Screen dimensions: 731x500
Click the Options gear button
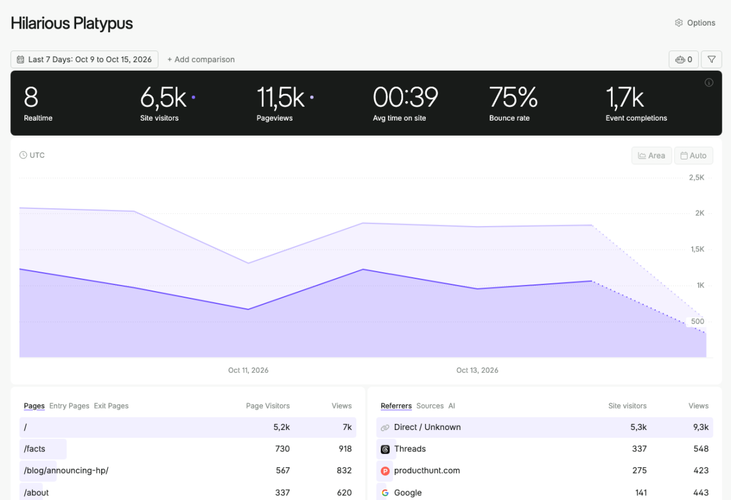pos(695,23)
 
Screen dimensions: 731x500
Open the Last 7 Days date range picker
pos(84,59)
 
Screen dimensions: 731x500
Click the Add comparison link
pos(201,59)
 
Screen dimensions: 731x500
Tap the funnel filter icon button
pos(712,59)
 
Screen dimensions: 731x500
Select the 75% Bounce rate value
pos(513,97)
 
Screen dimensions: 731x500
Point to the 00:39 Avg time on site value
pos(405,97)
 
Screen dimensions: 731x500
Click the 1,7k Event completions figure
pos(624,98)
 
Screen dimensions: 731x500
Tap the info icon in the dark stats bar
pos(709,82)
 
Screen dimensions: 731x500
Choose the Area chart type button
pos(651,155)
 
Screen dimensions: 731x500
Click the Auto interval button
pos(693,155)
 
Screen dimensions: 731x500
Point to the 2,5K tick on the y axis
pos(696,177)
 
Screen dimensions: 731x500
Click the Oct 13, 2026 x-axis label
pos(477,370)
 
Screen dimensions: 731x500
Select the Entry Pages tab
pos(69,406)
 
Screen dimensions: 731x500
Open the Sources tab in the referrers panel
pos(430,406)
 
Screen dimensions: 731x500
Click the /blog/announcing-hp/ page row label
pos(66,470)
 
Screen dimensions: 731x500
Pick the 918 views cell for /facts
pos(345,449)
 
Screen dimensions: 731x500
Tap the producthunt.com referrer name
pos(427,470)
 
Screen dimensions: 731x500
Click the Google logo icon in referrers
pos(385,493)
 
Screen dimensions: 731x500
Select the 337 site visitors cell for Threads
pos(639,449)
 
